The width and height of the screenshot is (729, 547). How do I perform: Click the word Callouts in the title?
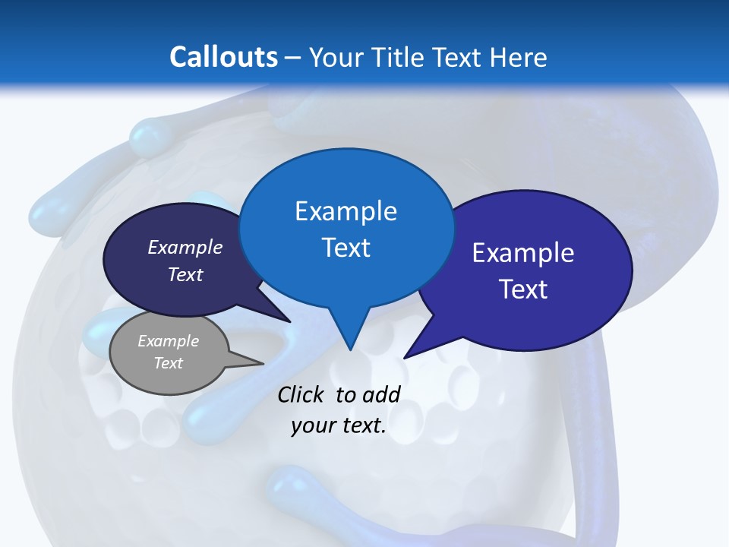point(223,57)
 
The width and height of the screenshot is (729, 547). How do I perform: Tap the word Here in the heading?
point(518,57)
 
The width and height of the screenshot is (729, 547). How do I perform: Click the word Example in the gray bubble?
point(168,341)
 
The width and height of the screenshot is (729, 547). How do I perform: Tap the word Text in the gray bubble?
point(168,363)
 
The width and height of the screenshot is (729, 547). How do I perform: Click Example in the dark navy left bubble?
point(185,247)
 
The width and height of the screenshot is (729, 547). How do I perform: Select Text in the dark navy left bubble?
point(185,274)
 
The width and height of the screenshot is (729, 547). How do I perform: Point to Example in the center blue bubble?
point(346,211)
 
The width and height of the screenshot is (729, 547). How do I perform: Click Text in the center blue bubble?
point(346,248)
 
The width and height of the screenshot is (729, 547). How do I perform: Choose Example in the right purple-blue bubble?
point(523,253)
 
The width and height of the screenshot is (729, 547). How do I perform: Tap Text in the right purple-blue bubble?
point(523,289)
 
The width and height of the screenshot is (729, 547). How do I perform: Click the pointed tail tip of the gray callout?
point(263,363)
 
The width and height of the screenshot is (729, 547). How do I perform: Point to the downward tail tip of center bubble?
point(350,349)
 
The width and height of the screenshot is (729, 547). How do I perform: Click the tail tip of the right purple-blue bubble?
point(405,357)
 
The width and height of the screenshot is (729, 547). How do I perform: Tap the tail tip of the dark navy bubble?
point(289,321)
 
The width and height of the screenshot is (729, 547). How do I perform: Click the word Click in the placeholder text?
point(302,394)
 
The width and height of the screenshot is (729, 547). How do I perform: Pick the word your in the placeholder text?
point(311,425)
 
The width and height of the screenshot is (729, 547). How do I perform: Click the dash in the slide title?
point(293,58)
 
